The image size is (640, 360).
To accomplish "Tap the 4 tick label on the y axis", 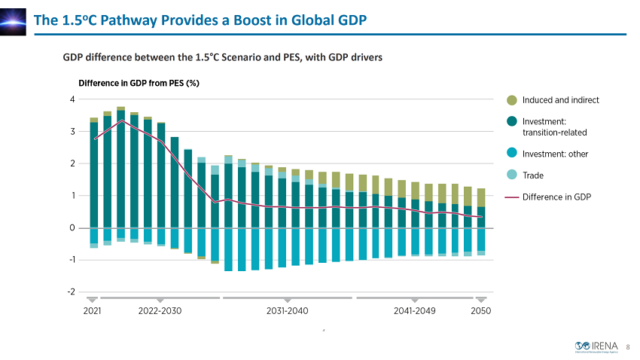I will (x=72, y=99).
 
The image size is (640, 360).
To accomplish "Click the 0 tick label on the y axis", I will (x=72, y=227).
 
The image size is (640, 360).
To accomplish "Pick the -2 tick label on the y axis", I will (x=71, y=291).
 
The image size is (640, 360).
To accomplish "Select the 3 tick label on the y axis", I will (x=72, y=132).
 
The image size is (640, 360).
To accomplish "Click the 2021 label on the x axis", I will (x=92, y=310).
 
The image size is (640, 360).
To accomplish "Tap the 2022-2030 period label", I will (x=160, y=310).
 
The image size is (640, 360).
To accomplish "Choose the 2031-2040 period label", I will (x=288, y=310).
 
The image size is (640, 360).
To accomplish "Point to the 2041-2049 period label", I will (x=414, y=310).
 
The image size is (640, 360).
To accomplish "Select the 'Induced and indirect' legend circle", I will (x=512, y=100).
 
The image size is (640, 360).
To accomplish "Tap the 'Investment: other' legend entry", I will (x=554, y=154).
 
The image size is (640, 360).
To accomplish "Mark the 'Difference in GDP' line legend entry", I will (x=556, y=197).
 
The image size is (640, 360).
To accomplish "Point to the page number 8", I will (x=627, y=347).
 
